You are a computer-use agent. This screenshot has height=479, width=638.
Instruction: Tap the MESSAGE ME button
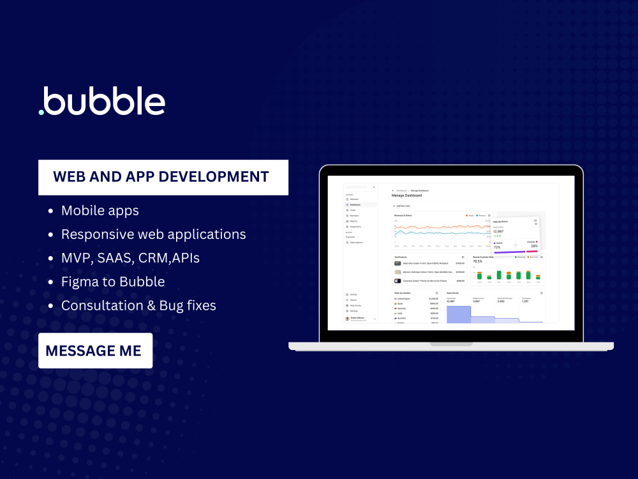click(95, 351)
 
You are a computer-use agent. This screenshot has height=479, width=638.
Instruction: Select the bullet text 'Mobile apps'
click(100, 210)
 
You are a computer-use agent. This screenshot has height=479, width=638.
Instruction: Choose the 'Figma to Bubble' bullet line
click(113, 282)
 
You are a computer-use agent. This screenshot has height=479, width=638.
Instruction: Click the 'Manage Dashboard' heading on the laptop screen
click(406, 195)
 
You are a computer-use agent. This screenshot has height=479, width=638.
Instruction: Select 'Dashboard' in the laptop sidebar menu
click(355, 205)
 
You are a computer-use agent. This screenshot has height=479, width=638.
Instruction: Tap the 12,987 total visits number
click(499, 231)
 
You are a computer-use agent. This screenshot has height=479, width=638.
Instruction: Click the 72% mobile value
click(497, 247)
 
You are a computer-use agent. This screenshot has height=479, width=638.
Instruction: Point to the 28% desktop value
click(533, 246)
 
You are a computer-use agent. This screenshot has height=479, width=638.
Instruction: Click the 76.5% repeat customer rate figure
click(477, 261)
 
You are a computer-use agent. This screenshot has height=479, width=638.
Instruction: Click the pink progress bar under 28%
click(531, 251)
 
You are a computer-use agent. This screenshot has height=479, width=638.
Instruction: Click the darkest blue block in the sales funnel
click(458, 314)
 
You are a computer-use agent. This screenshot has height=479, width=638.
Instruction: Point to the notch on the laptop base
click(450, 344)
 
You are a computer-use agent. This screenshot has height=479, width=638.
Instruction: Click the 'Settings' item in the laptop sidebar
click(353, 310)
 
